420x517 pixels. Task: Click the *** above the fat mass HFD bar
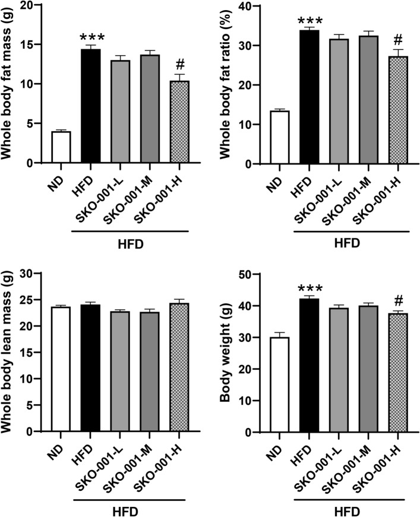point(91,37)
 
